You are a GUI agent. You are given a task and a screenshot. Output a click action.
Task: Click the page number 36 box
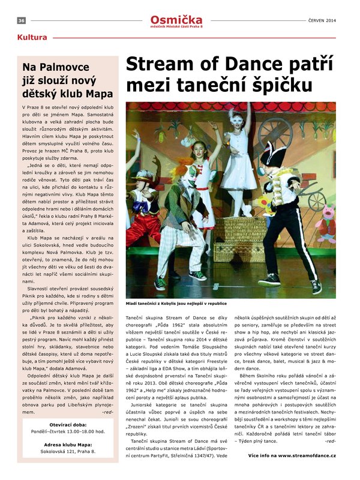click(21, 20)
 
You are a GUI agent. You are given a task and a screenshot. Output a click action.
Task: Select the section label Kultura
click(32, 37)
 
